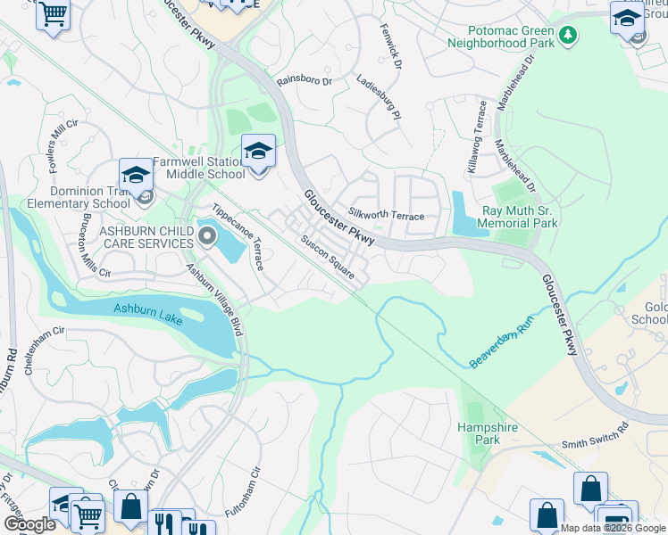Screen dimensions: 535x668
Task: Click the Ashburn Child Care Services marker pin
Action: point(207,236)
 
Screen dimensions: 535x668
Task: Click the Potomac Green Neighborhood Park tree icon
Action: point(568,37)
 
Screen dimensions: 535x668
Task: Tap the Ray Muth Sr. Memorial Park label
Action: point(518,218)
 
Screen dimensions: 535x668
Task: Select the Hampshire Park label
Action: point(488,434)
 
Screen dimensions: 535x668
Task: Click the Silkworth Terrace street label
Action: point(386,215)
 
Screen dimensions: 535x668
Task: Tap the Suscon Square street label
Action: point(328,257)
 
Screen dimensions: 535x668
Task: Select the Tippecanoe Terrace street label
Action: point(238,238)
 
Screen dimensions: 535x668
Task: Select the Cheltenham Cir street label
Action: point(46,350)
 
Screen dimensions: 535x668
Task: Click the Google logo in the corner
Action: point(29,524)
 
